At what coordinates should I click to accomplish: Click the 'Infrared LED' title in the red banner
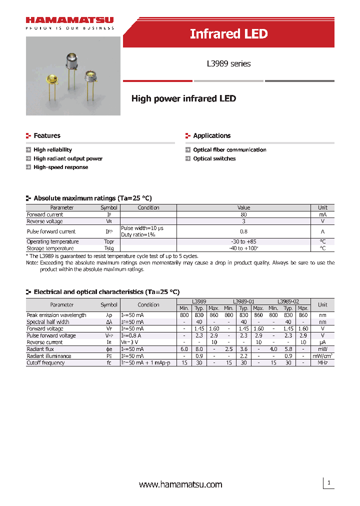click(228, 34)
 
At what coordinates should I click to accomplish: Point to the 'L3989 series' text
click(228, 63)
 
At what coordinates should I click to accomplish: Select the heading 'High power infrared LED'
click(183, 98)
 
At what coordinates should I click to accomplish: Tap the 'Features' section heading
click(46, 135)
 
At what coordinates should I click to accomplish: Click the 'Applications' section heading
click(211, 135)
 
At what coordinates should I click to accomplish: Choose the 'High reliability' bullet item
click(52, 149)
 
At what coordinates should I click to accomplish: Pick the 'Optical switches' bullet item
click(214, 158)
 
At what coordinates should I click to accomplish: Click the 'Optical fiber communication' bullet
click(229, 149)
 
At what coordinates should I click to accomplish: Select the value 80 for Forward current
click(243, 214)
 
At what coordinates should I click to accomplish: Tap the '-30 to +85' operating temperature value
click(243, 241)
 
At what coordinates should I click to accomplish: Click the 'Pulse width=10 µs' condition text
click(142, 228)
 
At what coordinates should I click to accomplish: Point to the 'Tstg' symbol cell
click(109, 248)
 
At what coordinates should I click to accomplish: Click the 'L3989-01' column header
click(243, 301)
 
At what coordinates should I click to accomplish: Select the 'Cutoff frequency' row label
click(45, 363)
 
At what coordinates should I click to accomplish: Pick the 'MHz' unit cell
click(322, 363)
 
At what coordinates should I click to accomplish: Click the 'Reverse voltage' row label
click(44, 221)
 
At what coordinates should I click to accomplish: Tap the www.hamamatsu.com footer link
click(180, 484)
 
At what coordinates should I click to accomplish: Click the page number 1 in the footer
click(328, 482)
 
